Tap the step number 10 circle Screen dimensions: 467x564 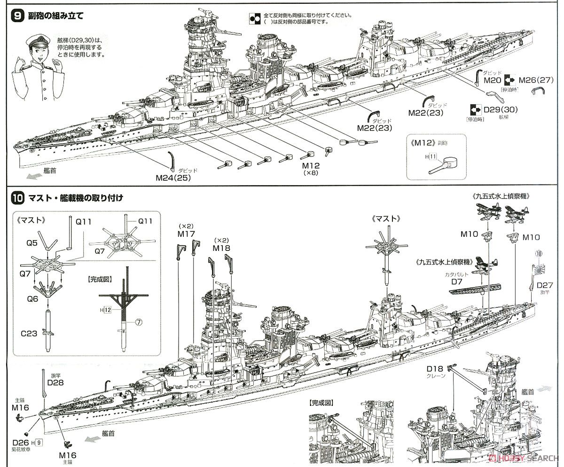coord(17,198)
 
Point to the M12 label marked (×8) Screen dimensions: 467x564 coord(311,167)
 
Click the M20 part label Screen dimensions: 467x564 coord(493,80)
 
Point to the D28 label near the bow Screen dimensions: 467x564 coord(55,382)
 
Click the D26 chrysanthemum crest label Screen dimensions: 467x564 coord(21,442)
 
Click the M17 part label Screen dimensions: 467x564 coord(187,233)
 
